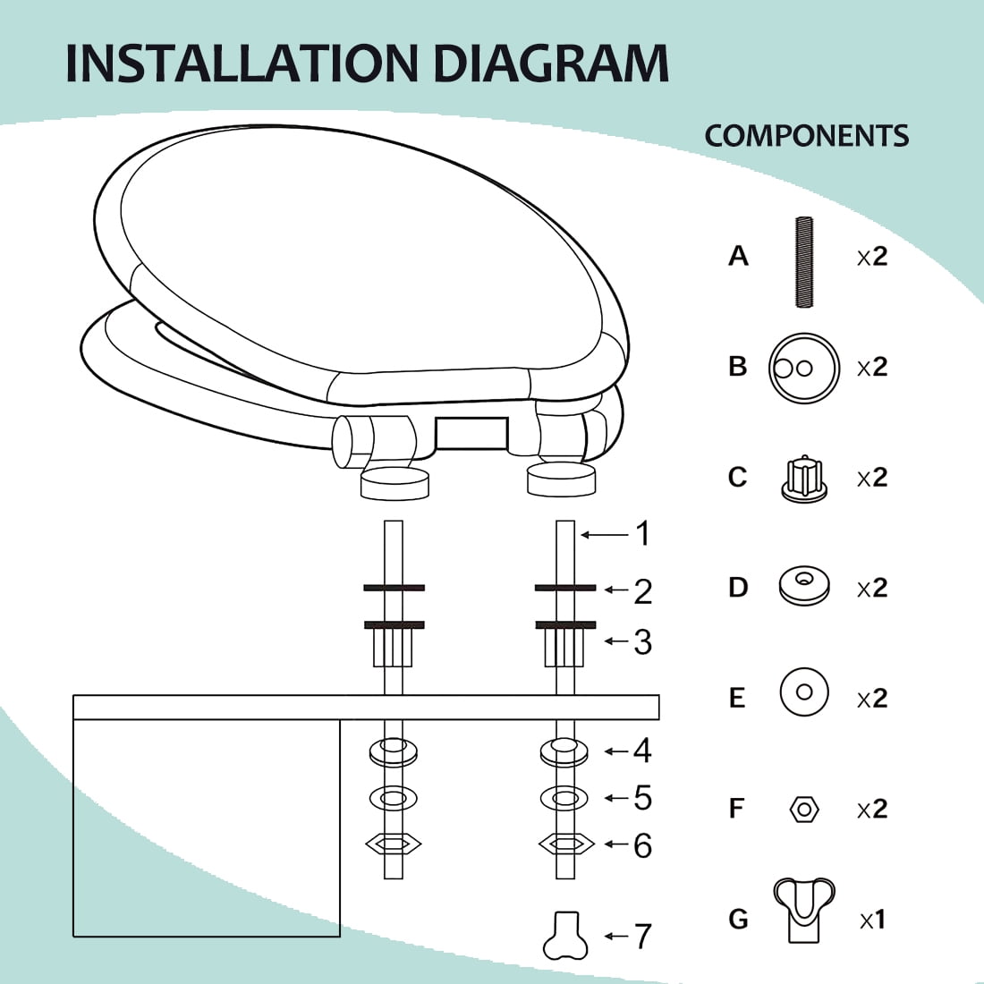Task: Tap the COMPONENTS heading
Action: point(806,136)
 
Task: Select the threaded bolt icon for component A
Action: point(804,262)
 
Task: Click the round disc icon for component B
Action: point(804,369)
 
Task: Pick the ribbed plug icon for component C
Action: point(804,479)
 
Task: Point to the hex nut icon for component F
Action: point(804,809)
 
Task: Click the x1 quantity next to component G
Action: point(873,920)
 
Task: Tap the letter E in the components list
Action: point(737,698)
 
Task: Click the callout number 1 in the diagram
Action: point(643,533)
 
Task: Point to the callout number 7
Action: point(643,937)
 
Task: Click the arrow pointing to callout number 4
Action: point(617,751)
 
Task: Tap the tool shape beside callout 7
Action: point(564,936)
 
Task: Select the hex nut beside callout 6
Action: point(566,844)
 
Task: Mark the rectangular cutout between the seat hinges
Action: point(471,433)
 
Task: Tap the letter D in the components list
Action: point(738,588)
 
